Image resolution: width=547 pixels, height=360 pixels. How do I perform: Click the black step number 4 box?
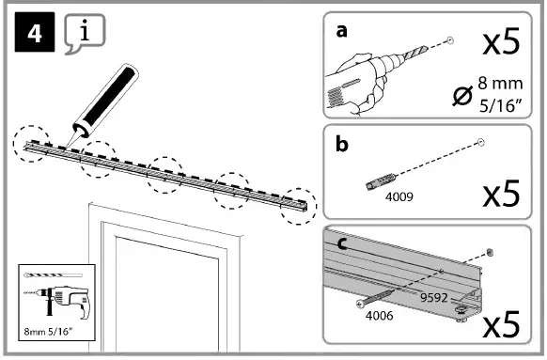point(35,32)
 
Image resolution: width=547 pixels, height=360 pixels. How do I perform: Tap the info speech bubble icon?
point(85,33)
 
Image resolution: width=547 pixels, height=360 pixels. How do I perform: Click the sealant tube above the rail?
point(103,102)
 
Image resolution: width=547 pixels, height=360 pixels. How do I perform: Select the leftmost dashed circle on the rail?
point(31,144)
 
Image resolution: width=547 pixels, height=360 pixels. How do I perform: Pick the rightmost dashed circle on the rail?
point(299,206)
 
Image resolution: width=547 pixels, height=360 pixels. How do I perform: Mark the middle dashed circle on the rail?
point(165,175)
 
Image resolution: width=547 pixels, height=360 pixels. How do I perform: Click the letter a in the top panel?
point(342,31)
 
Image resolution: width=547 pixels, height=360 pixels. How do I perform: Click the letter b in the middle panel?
point(342,144)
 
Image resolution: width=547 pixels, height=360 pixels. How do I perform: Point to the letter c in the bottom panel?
point(342,243)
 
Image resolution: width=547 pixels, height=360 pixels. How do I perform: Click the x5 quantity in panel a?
point(501,41)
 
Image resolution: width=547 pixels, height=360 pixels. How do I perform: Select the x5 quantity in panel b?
point(501,194)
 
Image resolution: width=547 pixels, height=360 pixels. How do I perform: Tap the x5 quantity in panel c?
point(501,325)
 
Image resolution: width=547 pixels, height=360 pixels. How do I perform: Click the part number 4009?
point(399,197)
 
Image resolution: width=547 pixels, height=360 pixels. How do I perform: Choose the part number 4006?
point(379,316)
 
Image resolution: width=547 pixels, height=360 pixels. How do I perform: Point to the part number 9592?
point(434,298)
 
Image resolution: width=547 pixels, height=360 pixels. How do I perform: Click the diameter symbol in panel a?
point(462,95)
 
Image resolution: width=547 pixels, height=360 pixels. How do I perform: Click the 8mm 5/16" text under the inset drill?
point(48,331)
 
